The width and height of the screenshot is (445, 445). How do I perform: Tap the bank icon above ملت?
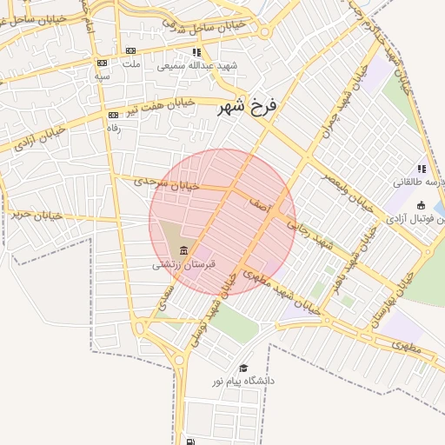131,51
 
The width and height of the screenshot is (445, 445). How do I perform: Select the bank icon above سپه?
103,63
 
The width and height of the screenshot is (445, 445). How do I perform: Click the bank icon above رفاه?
112,115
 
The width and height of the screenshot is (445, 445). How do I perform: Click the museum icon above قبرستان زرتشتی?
183,250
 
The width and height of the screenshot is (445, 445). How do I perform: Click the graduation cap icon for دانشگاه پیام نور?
243,368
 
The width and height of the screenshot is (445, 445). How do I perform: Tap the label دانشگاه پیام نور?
243,381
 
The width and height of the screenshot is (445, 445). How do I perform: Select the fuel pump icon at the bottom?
189,441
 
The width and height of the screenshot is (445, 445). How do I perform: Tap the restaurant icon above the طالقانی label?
422,169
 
